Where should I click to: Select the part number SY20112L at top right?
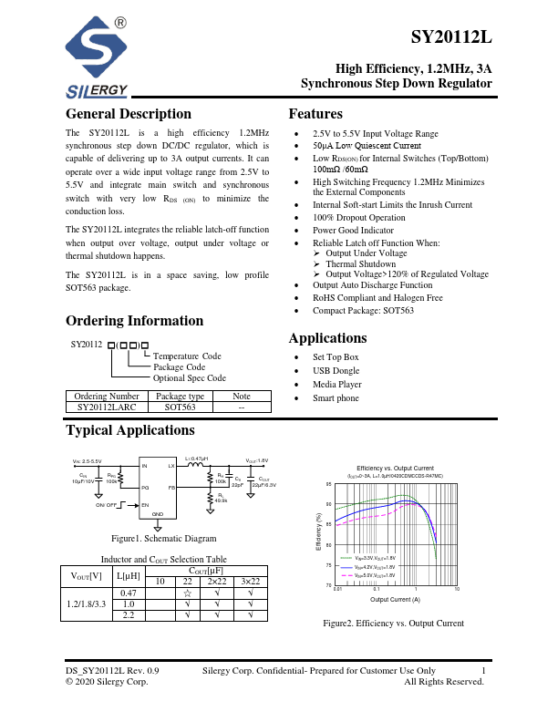[x=451, y=38]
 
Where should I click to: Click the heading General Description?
[x=129, y=114]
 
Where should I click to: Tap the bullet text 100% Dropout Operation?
[x=360, y=218]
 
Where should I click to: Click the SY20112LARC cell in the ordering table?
[x=106, y=408]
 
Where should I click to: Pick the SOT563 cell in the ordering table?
[x=180, y=408]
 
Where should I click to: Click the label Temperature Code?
[x=186, y=356]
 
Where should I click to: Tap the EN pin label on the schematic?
[x=144, y=504]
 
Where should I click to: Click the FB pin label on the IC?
[x=171, y=488]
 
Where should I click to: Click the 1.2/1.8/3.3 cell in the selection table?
[x=86, y=604]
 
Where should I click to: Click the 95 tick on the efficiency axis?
[x=329, y=484]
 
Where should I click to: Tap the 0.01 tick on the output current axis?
[x=337, y=591]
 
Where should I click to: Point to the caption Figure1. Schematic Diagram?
[x=164, y=539]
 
